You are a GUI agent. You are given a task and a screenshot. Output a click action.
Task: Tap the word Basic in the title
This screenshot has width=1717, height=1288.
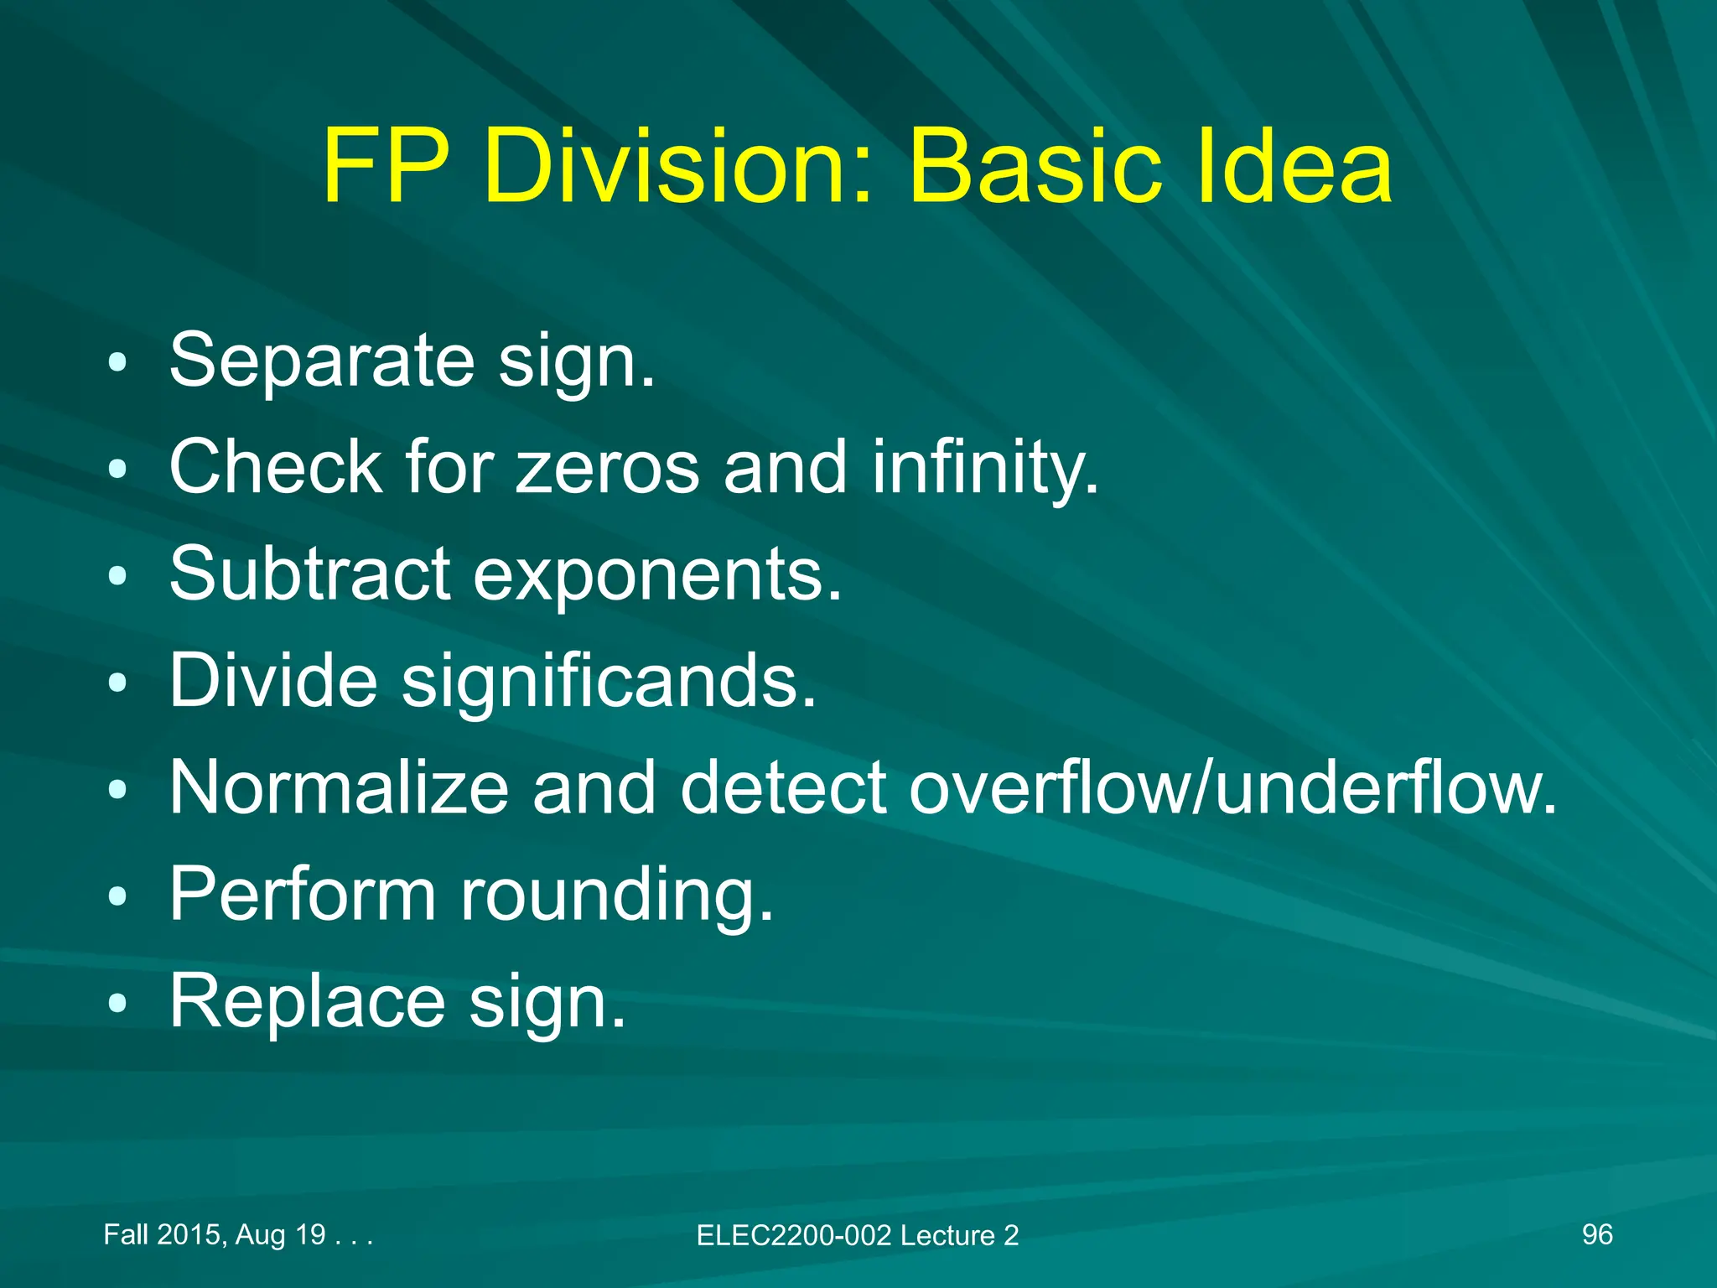(1035, 167)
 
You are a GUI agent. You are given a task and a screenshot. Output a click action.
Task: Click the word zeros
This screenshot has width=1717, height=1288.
(608, 467)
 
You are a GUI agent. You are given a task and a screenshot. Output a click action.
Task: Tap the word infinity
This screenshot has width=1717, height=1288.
(985, 467)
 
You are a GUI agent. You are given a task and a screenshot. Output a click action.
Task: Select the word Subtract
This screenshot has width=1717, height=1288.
(309, 574)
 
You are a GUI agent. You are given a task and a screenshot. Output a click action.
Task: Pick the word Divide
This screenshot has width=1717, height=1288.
(273, 680)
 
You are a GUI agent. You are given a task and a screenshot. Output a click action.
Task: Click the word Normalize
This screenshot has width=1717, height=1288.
(340, 787)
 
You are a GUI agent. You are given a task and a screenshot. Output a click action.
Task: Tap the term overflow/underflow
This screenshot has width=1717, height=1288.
(1233, 787)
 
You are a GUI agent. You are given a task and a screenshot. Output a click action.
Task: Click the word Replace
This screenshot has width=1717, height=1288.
(307, 1002)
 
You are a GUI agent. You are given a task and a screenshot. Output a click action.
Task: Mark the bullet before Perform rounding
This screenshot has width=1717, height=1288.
(118, 896)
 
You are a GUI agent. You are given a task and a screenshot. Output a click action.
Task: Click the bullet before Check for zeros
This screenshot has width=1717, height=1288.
(118, 469)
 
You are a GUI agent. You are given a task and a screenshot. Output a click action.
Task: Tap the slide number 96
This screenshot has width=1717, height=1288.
(1597, 1234)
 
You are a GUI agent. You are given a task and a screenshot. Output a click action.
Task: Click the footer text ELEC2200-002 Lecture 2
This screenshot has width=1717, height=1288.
(858, 1235)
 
